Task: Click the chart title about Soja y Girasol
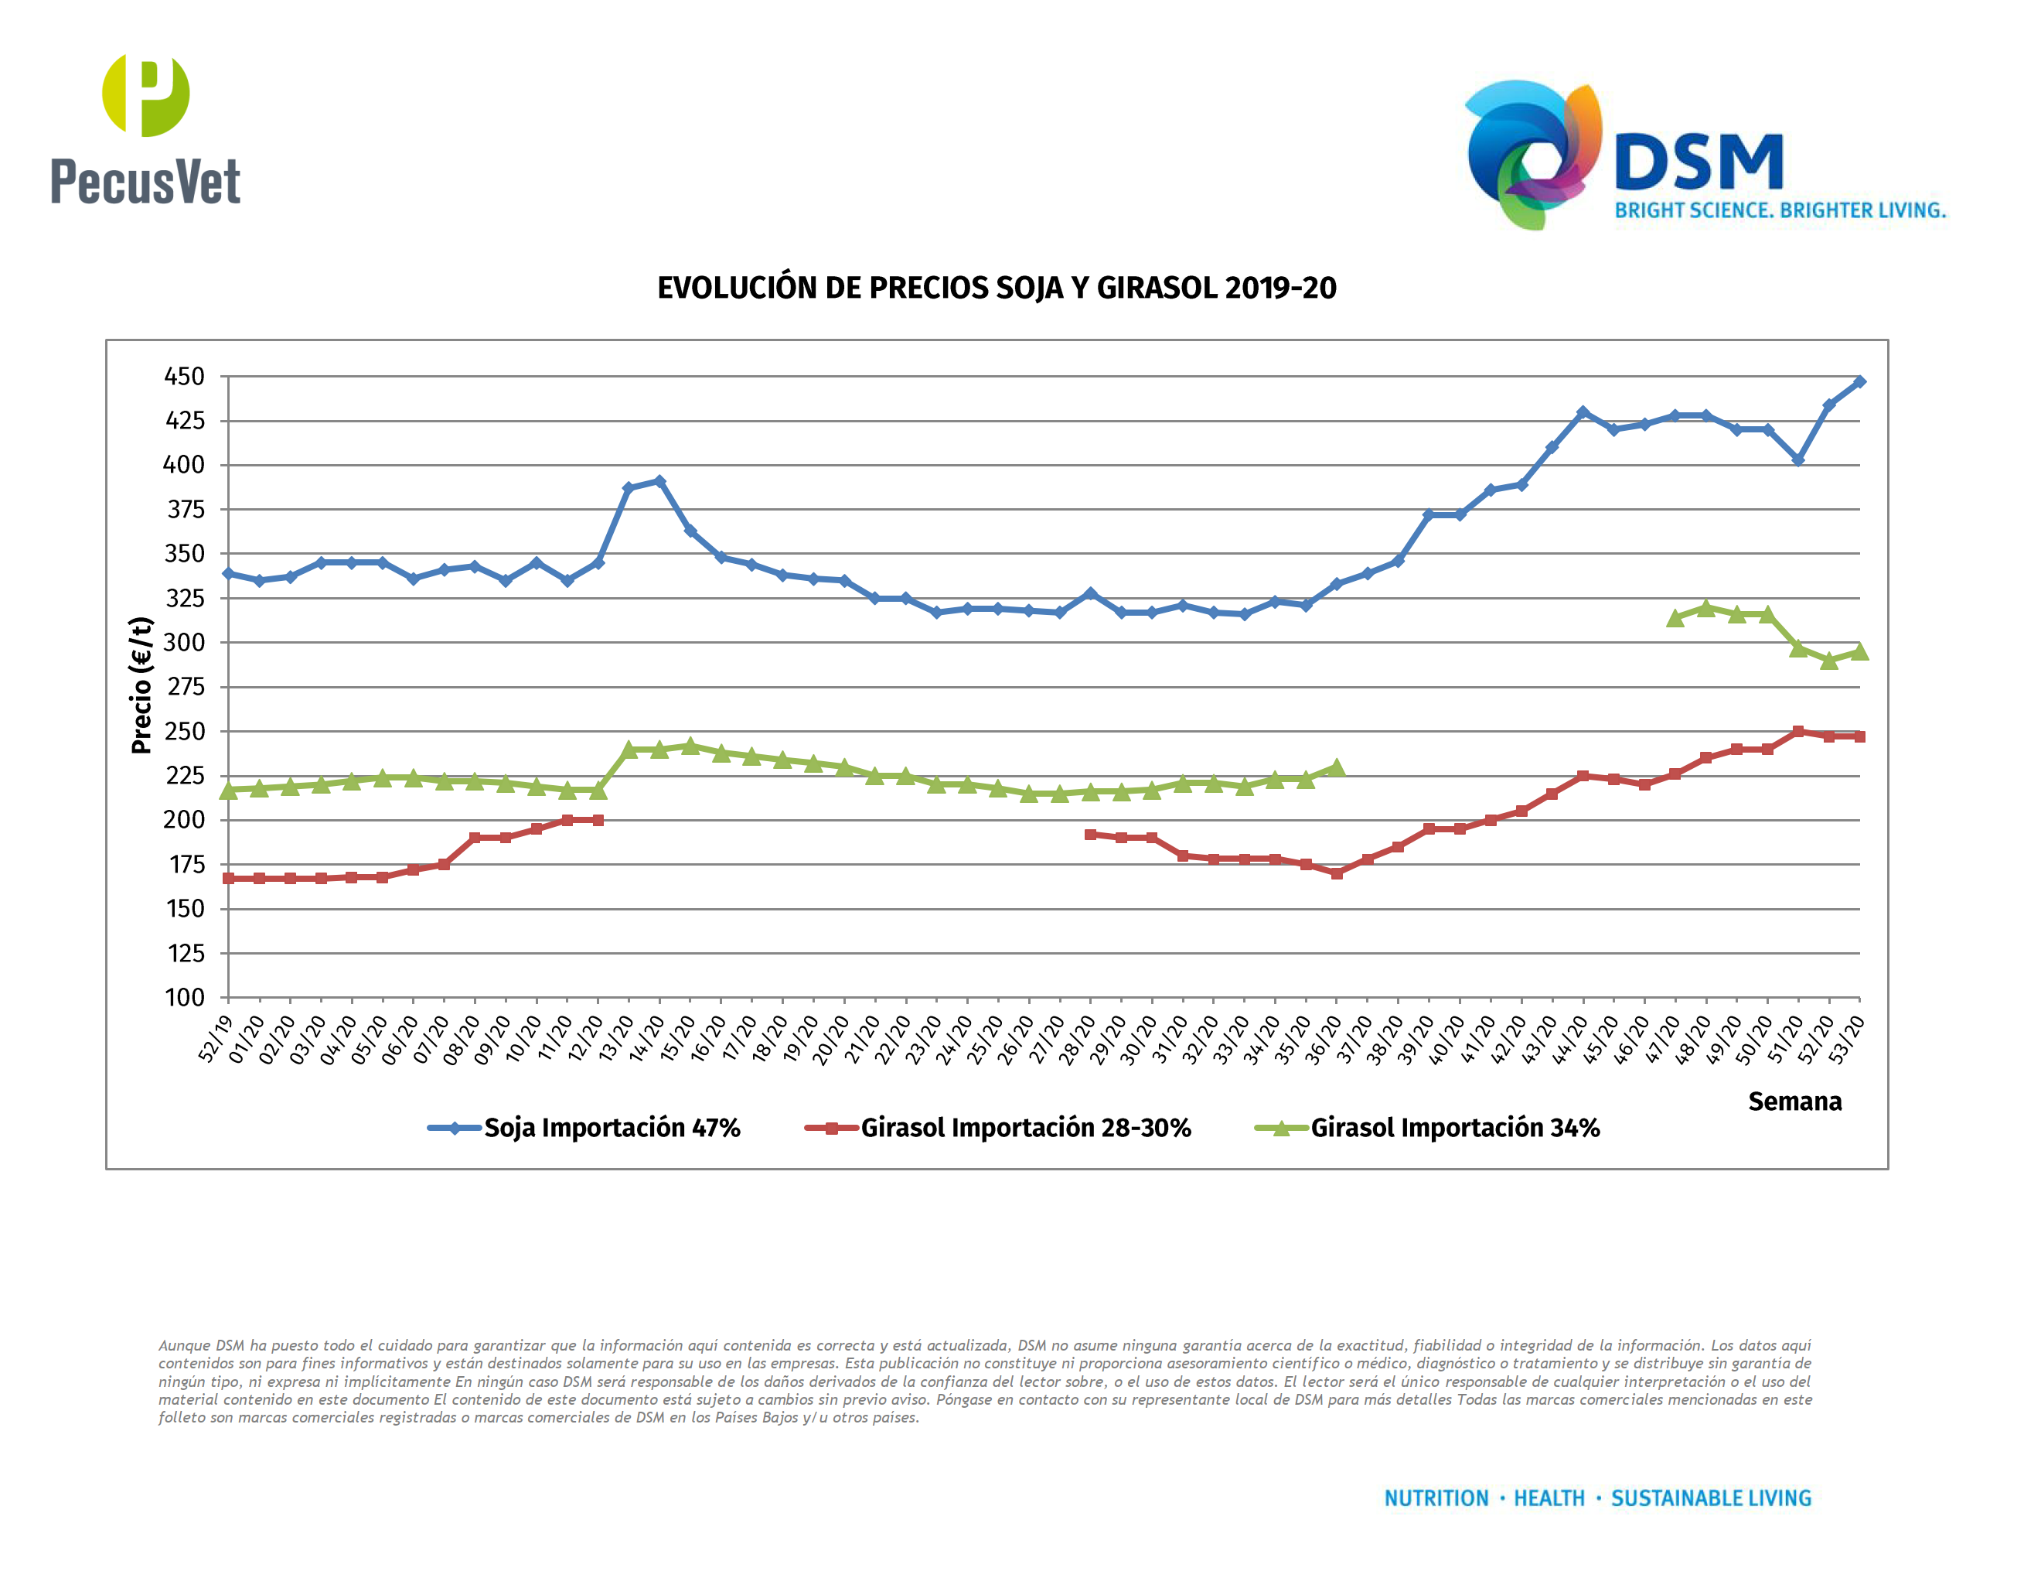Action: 997,288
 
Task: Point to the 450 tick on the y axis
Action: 184,377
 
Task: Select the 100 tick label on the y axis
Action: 185,998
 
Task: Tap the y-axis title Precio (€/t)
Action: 141,685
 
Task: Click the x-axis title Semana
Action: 1794,1102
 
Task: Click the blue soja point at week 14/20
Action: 659,481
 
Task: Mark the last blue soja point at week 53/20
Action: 1859,381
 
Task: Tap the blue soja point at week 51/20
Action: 1798,460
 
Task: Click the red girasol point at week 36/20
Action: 1337,873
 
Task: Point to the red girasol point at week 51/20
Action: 1798,732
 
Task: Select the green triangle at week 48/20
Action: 1705,609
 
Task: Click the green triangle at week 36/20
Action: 1337,767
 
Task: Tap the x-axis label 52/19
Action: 216,1039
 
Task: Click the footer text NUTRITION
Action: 1436,1498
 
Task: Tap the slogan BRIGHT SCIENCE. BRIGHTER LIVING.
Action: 1780,210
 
